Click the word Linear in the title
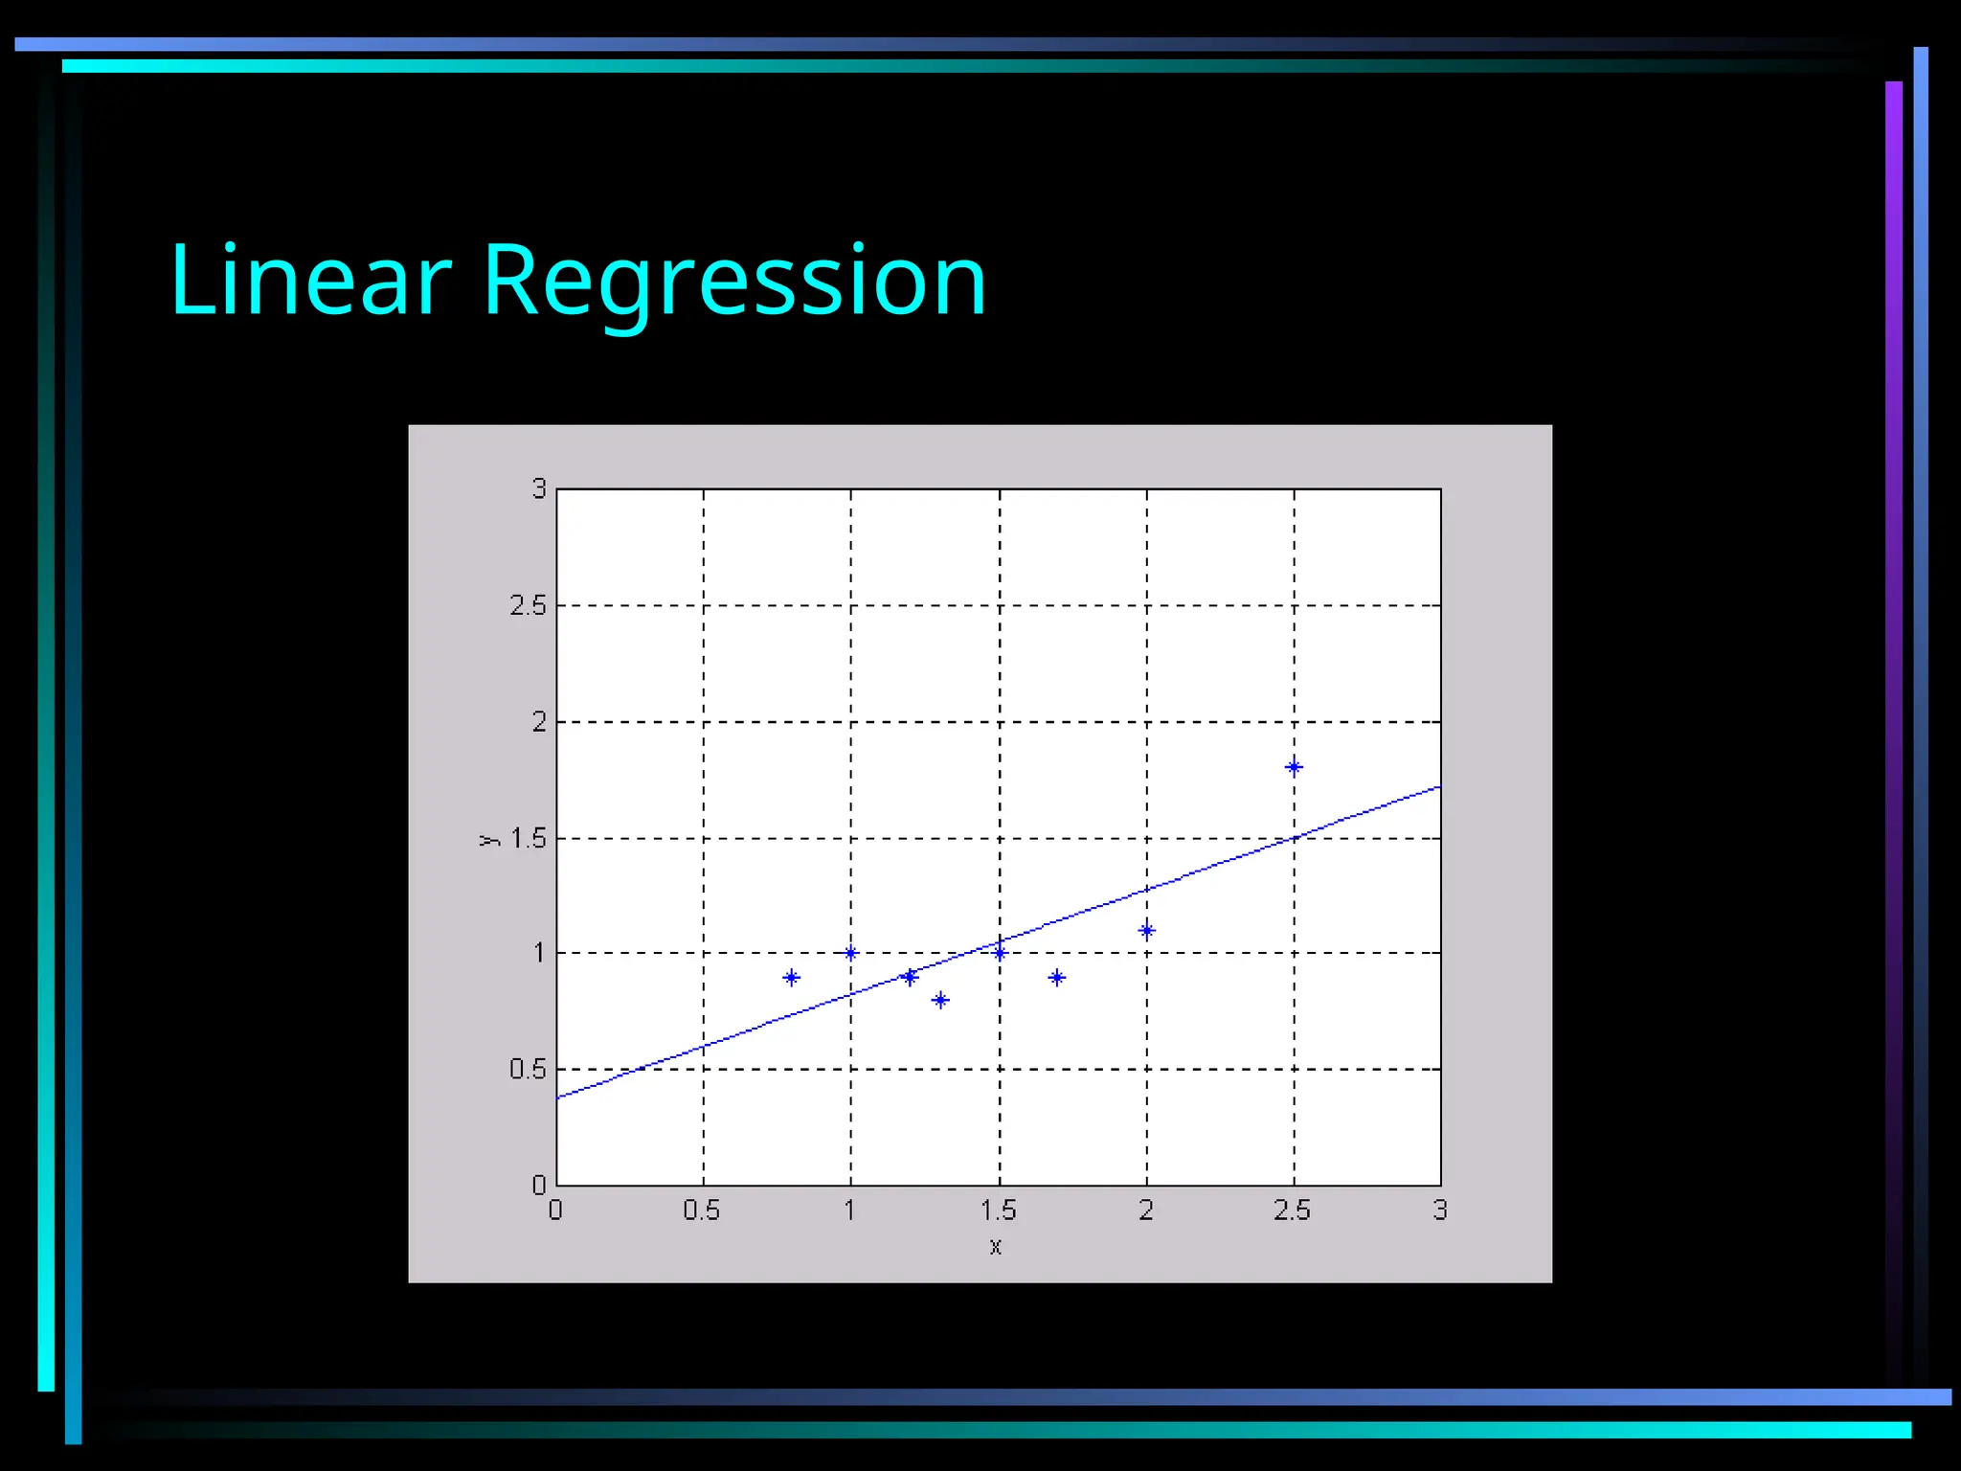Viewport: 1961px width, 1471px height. tap(310, 281)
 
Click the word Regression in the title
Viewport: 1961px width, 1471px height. tap(733, 281)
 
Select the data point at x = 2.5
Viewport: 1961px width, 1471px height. tap(1294, 767)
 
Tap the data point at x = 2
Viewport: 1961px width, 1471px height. tap(1146, 930)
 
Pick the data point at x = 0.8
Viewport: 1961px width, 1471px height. tap(791, 978)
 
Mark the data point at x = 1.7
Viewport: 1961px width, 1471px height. tap(1057, 978)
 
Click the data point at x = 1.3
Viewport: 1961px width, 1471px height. tap(940, 1001)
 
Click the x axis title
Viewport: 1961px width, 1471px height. tap(996, 1246)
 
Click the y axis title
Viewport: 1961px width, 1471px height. tap(489, 840)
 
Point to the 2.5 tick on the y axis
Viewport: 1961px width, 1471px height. tap(528, 605)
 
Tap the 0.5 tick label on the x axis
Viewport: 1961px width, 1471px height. tap(702, 1211)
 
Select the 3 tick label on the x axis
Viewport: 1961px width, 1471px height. tap(1440, 1211)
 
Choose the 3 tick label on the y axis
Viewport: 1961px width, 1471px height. tap(539, 488)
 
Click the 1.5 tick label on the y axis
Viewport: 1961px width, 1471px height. tap(528, 839)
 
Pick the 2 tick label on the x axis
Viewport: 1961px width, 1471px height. tap(1146, 1211)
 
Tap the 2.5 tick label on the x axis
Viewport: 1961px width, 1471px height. tap(1292, 1211)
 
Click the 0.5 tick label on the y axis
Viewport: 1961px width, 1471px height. tap(528, 1069)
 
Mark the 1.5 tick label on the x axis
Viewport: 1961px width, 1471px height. tap(998, 1211)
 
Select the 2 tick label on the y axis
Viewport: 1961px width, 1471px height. tap(539, 722)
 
